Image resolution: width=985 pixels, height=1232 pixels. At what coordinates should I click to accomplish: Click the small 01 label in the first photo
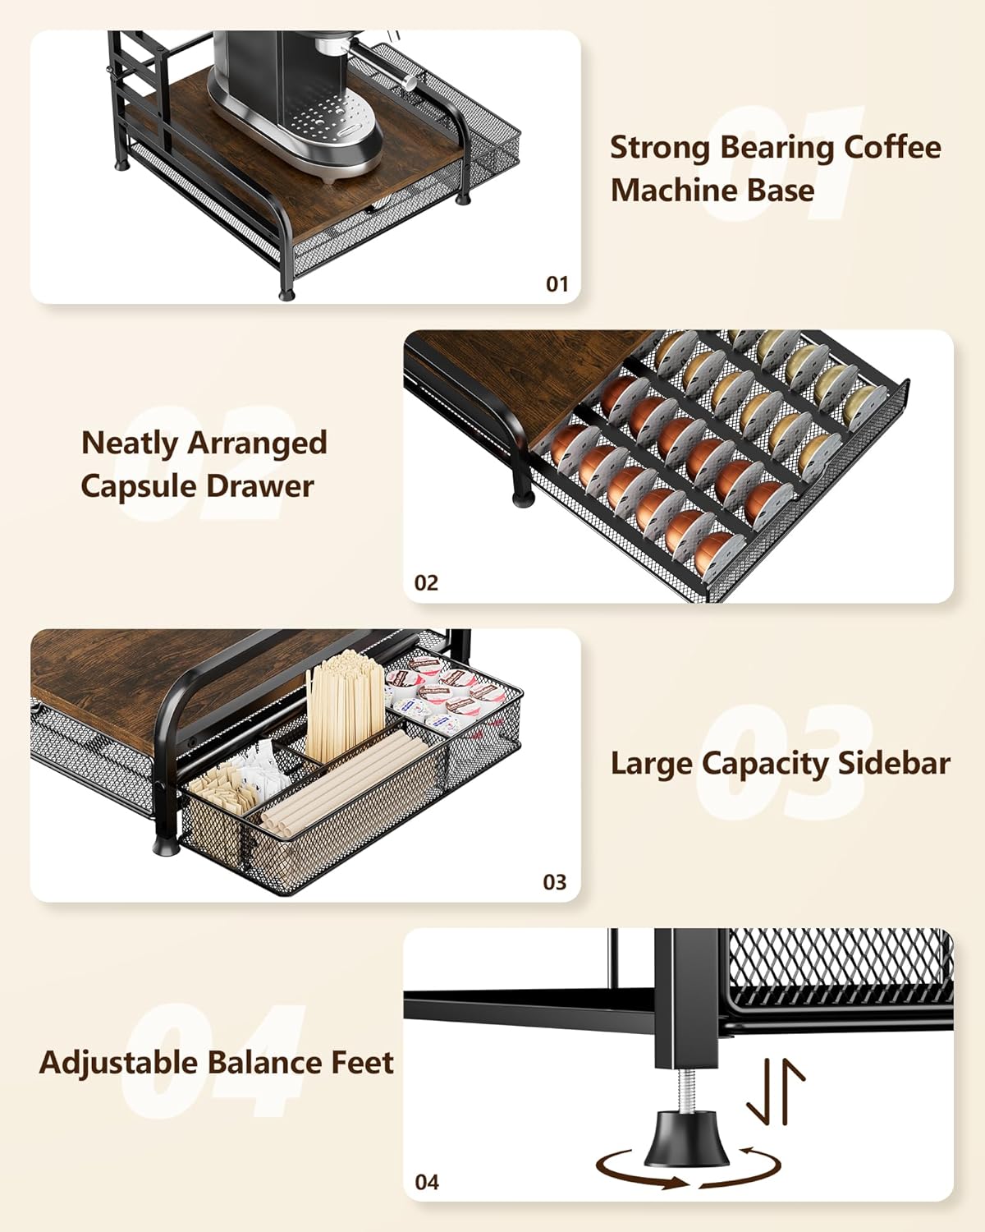tap(557, 284)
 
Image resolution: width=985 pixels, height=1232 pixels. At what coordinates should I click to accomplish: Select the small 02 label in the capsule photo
tap(426, 583)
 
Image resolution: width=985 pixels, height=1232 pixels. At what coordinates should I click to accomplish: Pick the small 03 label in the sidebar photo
tap(555, 882)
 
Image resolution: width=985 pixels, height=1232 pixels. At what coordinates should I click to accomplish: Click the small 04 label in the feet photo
tap(427, 1182)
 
